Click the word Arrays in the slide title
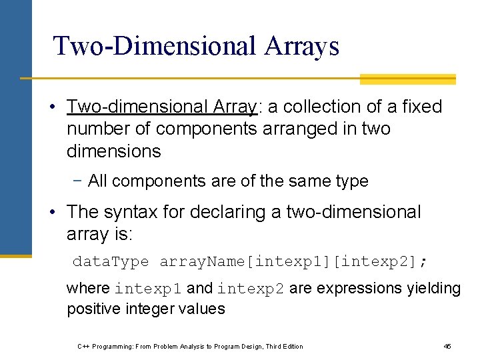click(x=301, y=46)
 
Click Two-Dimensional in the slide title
click(x=155, y=46)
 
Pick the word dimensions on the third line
click(x=113, y=151)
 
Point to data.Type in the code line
click(x=111, y=261)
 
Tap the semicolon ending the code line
click(x=423, y=261)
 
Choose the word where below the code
click(x=88, y=288)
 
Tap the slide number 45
click(x=447, y=346)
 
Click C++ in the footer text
click(x=84, y=346)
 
